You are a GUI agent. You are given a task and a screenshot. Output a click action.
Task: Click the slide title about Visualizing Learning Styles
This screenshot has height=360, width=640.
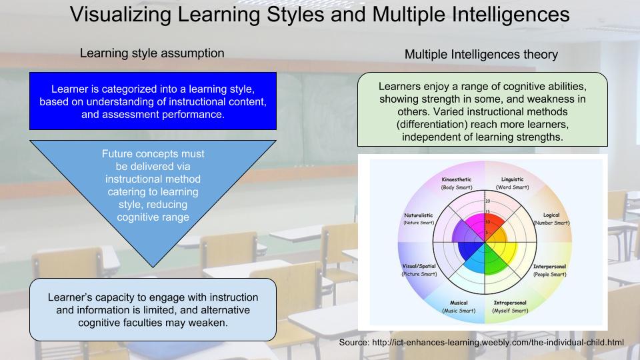[x=320, y=15]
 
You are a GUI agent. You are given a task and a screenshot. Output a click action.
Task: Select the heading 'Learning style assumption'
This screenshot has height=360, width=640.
[x=152, y=53]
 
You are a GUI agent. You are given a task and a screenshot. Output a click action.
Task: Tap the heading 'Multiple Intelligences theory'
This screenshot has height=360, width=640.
[x=481, y=55]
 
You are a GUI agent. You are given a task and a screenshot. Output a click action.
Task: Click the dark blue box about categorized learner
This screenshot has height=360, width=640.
[x=153, y=101]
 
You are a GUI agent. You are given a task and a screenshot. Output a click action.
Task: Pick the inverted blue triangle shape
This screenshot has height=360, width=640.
[x=153, y=187]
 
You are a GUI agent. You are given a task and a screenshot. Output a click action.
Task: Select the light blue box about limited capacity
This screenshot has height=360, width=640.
[x=153, y=309]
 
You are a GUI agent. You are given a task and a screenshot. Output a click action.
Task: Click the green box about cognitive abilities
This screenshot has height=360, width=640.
[x=483, y=111]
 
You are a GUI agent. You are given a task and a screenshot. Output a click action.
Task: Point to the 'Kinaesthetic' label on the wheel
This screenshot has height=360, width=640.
[x=457, y=180]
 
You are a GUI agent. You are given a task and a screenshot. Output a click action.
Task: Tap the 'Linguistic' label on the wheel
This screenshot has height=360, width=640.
[x=512, y=179]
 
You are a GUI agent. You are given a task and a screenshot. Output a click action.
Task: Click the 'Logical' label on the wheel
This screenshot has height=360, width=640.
[x=551, y=215]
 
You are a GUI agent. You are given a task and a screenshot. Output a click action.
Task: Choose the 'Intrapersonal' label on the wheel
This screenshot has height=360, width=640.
[x=510, y=303]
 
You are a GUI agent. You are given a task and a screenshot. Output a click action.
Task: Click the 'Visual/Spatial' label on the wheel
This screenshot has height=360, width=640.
[x=419, y=267]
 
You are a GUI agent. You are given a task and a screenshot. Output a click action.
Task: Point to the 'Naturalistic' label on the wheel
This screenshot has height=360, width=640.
[x=419, y=215]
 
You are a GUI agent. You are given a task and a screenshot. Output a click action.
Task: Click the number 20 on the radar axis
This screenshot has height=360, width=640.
[x=488, y=201]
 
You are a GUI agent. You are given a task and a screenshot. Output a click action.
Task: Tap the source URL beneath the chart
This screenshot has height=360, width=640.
[x=481, y=343]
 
